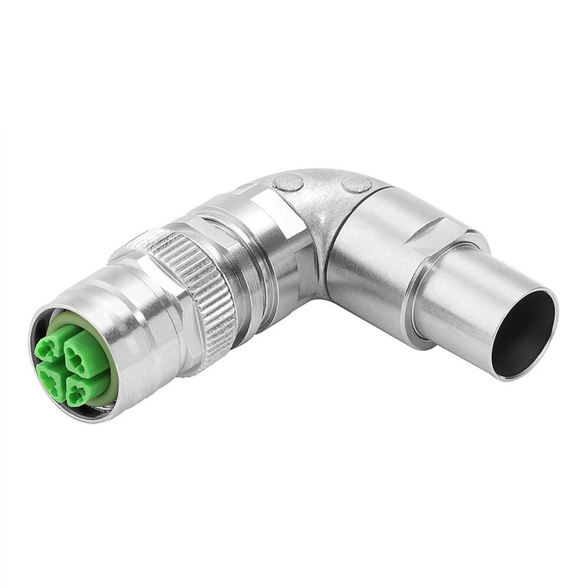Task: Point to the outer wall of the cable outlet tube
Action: (459, 306)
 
